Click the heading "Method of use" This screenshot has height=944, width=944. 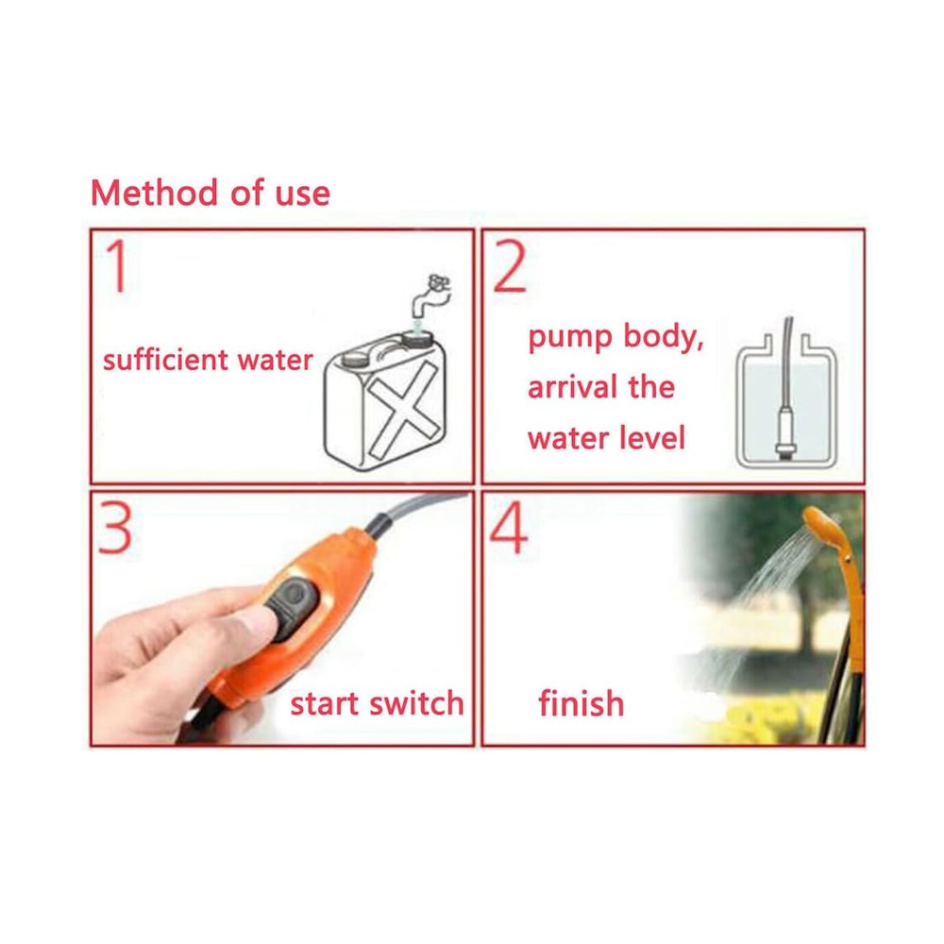[211, 194]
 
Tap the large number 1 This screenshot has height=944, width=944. [118, 265]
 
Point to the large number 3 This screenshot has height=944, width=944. [115, 528]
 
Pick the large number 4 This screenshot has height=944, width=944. [509, 528]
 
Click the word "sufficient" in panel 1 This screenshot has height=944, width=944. [165, 360]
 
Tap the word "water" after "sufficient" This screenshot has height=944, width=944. [275, 360]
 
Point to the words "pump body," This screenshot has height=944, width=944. [615, 337]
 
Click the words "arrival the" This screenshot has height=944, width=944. [600, 386]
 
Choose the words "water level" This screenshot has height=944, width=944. [606, 438]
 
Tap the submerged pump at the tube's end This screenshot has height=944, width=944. [784, 431]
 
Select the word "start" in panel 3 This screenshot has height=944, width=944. [325, 703]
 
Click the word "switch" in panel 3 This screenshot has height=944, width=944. [416, 702]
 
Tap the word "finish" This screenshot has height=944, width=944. [581, 703]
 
